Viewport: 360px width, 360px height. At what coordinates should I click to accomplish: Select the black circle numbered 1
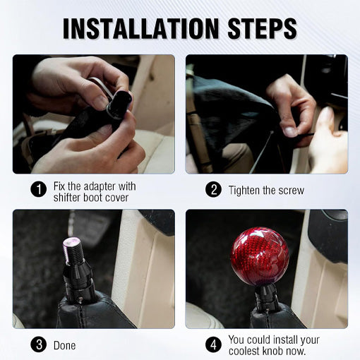click(38, 190)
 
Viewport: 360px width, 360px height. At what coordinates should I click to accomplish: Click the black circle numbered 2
click(212, 190)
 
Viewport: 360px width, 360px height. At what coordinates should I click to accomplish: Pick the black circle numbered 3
click(38, 345)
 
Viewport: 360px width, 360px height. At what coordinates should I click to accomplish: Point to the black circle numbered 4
click(212, 345)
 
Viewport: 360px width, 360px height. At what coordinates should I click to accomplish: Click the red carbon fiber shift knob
click(260, 256)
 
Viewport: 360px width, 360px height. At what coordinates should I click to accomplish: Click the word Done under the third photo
click(64, 346)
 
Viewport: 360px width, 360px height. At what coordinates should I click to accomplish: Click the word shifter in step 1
click(68, 197)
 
